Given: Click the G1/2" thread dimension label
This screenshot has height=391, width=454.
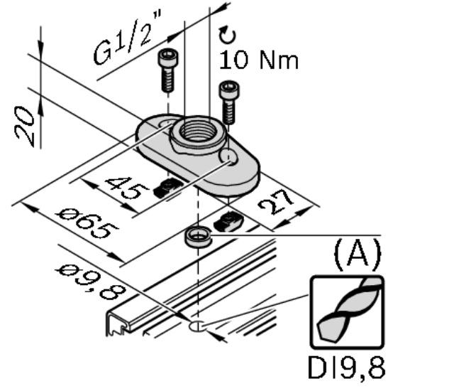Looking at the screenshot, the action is [x=127, y=37].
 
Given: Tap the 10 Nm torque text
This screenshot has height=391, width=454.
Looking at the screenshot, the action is [x=258, y=60].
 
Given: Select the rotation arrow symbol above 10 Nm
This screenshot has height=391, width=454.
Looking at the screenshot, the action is [x=227, y=35].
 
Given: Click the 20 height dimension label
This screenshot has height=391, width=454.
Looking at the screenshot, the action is [x=24, y=127].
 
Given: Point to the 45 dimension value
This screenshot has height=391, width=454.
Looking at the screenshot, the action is [x=127, y=188].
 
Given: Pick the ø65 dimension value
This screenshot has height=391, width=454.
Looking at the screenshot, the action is [x=87, y=223].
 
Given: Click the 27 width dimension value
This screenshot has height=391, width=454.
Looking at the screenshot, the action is [x=276, y=203].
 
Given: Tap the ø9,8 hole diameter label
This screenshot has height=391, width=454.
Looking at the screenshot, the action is [x=91, y=282].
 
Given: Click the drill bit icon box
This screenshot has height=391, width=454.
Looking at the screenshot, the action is [x=347, y=312].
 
